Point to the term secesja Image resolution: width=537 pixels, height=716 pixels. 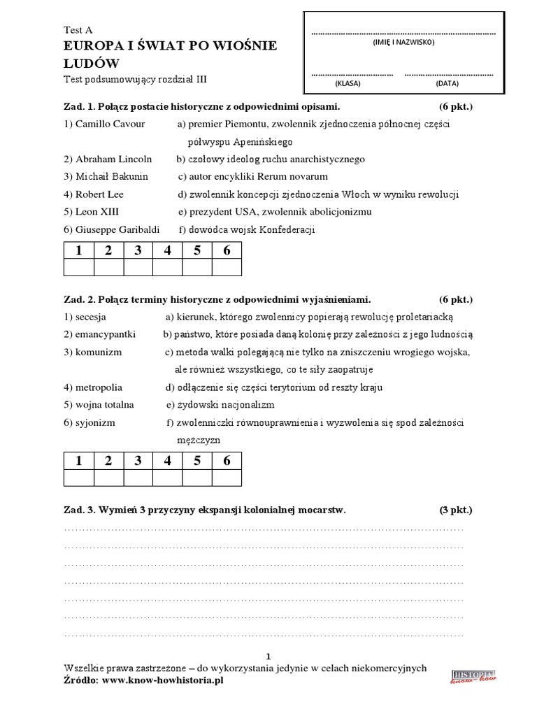(83, 316)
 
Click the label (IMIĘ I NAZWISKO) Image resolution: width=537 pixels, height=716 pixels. (403, 43)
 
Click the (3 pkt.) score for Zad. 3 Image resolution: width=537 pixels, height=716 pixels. (456, 510)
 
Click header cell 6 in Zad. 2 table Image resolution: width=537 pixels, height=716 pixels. (227, 460)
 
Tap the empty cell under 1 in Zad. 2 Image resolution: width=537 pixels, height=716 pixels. (78, 478)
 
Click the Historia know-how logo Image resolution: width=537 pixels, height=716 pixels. (473, 675)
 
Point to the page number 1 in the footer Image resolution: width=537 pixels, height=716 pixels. (268, 655)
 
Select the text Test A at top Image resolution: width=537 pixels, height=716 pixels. (78, 30)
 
